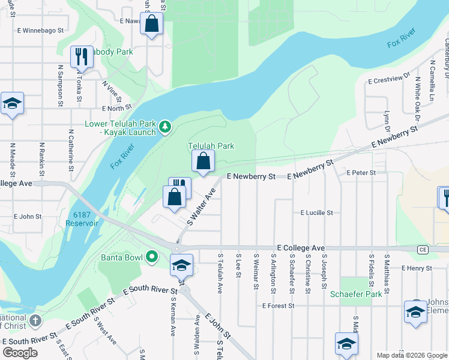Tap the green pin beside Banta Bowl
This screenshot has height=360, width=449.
click(152, 257)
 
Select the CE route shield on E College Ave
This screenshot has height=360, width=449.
click(422, 248)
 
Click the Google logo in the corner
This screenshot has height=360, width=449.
click(20, 353)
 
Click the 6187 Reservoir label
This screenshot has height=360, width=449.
click(82, 218)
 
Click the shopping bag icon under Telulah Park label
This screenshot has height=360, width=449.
click(203, 161)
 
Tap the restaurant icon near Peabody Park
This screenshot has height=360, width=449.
click(81, 57)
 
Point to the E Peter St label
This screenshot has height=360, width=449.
click(361, 173)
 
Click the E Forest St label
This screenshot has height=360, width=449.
click(278, 305)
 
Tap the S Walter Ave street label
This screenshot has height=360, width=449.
click(200, 207)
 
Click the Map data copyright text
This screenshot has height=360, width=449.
click(411, 355)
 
